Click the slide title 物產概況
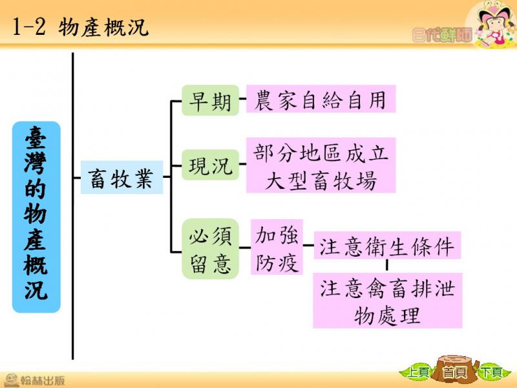click(x=103, y=27)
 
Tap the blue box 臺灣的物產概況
click(x=36, y=217)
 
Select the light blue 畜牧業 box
click(x=121, y=177)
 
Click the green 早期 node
click(x=211, y=100)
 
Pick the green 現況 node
click(x=211, y=165)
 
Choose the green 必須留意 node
click(x=211, y=249)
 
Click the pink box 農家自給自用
click(x=321, y=99)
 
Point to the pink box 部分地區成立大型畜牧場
click(x=321, y=165)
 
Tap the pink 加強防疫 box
click(x=277, y=247)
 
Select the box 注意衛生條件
click(x=387, y=245)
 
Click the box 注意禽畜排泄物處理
click(x=387, y=300)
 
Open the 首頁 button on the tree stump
click(x=455, y=371)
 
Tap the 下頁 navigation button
click(x=491, y=372)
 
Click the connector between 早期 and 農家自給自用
click(x=243, y=98)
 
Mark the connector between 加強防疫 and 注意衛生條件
click(x=308, y=245)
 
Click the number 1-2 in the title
click(x=28, y=27)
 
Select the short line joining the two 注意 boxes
click(x=386, y=266)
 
